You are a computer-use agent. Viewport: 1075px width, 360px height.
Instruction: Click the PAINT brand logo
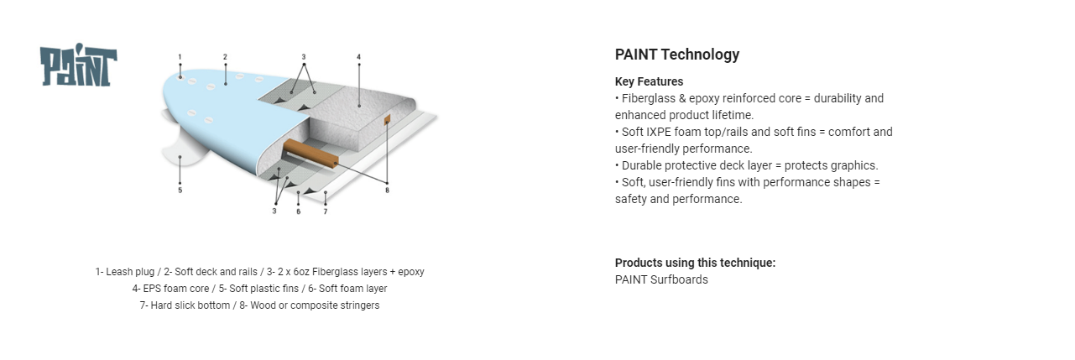pyautogui.click(x=78, y=65)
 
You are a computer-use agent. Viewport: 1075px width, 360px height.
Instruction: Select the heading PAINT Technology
pyautogui.click(x=677, y=55)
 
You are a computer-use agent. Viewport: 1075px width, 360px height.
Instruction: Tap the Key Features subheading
pyautogui.click(x=649, y=81)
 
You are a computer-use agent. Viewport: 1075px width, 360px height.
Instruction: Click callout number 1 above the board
pyautogui.click(x=180, y=57)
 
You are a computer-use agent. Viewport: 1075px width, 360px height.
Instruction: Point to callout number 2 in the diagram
pyautogui.click(x=225, y=57)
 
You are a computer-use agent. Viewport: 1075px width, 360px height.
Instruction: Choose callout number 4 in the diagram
pyautogui.click(x=358, y=57)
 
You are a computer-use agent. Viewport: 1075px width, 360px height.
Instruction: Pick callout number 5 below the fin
pyautogui.click(x=180, y=190)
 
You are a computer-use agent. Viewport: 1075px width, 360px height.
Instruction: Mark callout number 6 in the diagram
pyautogui.click(x=299, y=211)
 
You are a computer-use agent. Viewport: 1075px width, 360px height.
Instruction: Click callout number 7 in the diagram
pyautogui.click(x=326, y=211)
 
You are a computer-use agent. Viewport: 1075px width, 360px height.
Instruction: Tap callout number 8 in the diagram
pyautogui.click(x=388, y=190)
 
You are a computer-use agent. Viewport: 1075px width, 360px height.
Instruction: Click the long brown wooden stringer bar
pyautogui.click(x=311, y=154)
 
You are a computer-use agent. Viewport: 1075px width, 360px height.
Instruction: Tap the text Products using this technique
pyautogui.click(x=695, y=263)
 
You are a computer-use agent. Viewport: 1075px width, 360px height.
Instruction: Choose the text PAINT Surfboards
pyautogui.click(x=661, y=279)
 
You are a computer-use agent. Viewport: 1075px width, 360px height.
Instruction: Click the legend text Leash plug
pyautogui.click(x=129, y=272)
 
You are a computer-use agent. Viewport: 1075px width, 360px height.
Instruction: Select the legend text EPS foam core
pyautogui.click(x=175, y=289)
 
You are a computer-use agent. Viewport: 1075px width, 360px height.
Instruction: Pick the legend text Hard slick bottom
pyautogui.click(x=190, y=305)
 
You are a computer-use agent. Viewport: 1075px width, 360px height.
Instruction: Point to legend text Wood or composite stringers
pyautogui.click(x=315, y=305)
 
